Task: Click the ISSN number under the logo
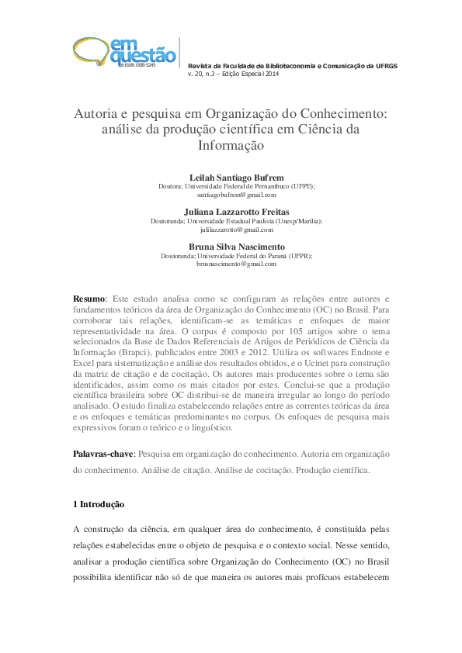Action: tap(137, 67)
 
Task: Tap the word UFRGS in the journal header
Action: tap(385, 66)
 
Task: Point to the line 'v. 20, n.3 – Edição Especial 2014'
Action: tap(233, 74)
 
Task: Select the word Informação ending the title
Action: tap(231, 145)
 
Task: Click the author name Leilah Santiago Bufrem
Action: tap(231, 178)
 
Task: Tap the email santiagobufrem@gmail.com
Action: tap(231, 195)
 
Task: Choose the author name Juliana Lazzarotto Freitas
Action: tap(231, 212)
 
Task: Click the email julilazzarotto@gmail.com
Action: tap(231, 230)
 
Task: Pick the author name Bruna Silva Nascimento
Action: tap(231, 247)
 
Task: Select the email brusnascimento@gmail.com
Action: tap(231, 264)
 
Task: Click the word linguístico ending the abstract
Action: tap(210, 427)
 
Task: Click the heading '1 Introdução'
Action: tap(99, 504)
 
